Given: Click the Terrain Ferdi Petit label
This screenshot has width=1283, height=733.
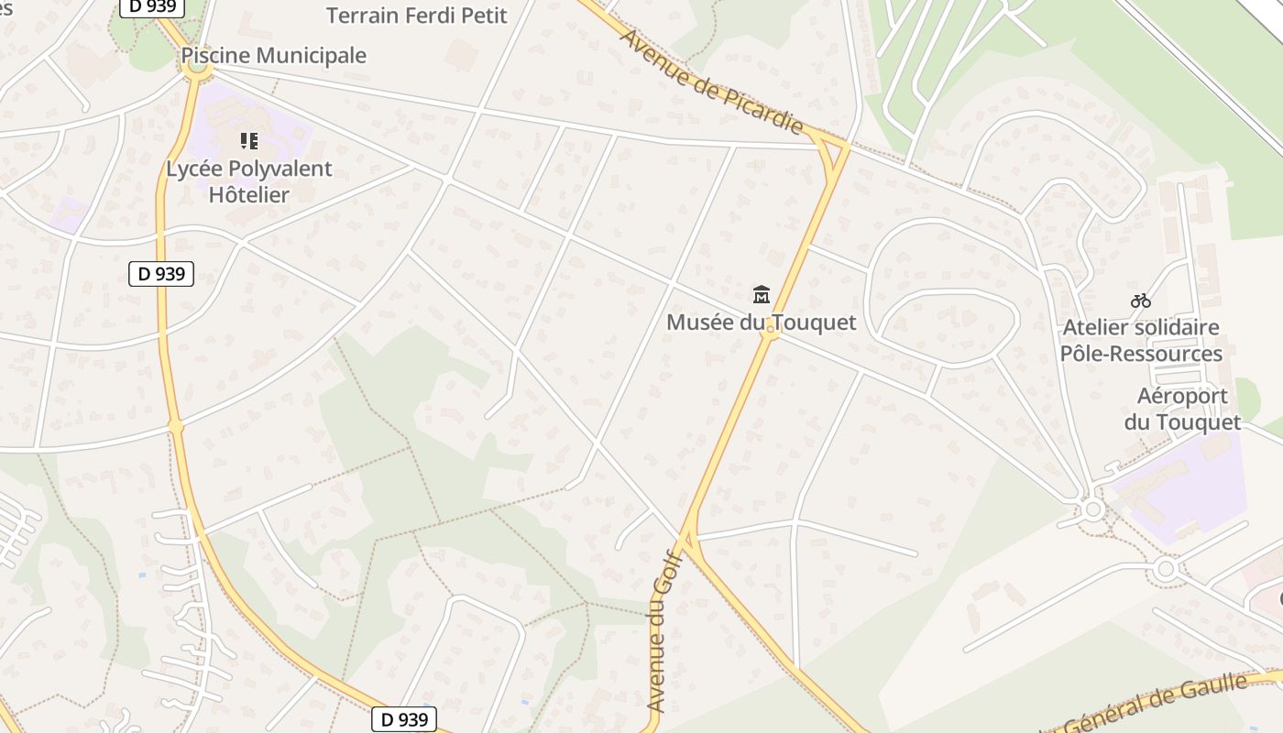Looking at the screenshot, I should pyautogui.click(x=416, y=16).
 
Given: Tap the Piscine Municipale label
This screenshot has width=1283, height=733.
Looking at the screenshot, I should pyautogui.click(x=273, y=56).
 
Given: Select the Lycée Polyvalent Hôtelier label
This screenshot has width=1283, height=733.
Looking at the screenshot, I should pyautogui.click(x=248, y=181).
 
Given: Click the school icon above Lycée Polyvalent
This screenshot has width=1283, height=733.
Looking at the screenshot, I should pyautogui.click(x=248, y=141).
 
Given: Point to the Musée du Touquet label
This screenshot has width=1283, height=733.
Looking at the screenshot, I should pyautogui.click(x=761, y=323).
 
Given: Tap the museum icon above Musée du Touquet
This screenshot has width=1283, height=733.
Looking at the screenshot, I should pyautogui.click(x=761, y=294).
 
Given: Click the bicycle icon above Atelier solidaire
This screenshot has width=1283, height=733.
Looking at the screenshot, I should pyautogui.click(x=1140, y=301).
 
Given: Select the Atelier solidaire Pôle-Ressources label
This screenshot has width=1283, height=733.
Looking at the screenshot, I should pyautogui.click(x=1141, y=340).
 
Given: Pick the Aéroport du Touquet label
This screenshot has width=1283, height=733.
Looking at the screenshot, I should pyautogui.click(x=1182, y=409).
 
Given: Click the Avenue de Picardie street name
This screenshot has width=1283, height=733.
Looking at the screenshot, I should pyautogui.click(x=711, y=82).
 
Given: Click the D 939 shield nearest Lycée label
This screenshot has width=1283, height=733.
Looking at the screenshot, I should pyautogui.click(x=161, y=273).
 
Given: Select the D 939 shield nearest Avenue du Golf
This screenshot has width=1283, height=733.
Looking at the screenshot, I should pyautogui.click(x=404, y=719).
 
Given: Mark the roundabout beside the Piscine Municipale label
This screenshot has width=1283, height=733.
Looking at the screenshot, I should pyautogui.click(x=196, y=69).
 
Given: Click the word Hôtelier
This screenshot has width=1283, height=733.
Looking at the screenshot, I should pyautogui.click(x=248, y=194).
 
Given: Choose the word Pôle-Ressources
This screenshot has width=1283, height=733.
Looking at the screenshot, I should pyautogui.click(x=1141, y=354).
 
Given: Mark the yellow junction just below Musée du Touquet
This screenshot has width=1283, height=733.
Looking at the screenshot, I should pyautogui.click(x=772, y=334).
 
